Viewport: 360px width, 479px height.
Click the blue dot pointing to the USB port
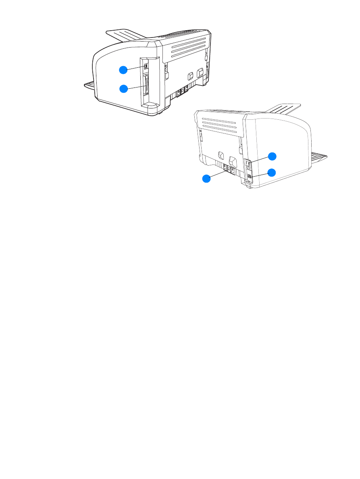[123, 69]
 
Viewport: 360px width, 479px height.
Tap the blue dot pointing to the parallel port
[123, 88]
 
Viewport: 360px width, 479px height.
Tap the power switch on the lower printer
[249, 165]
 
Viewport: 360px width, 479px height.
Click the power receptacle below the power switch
[250, 177]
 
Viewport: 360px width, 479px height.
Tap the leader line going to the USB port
[135, 67]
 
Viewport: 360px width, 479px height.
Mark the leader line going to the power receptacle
[260, 174]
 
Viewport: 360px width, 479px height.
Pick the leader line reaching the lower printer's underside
[218, 174]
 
